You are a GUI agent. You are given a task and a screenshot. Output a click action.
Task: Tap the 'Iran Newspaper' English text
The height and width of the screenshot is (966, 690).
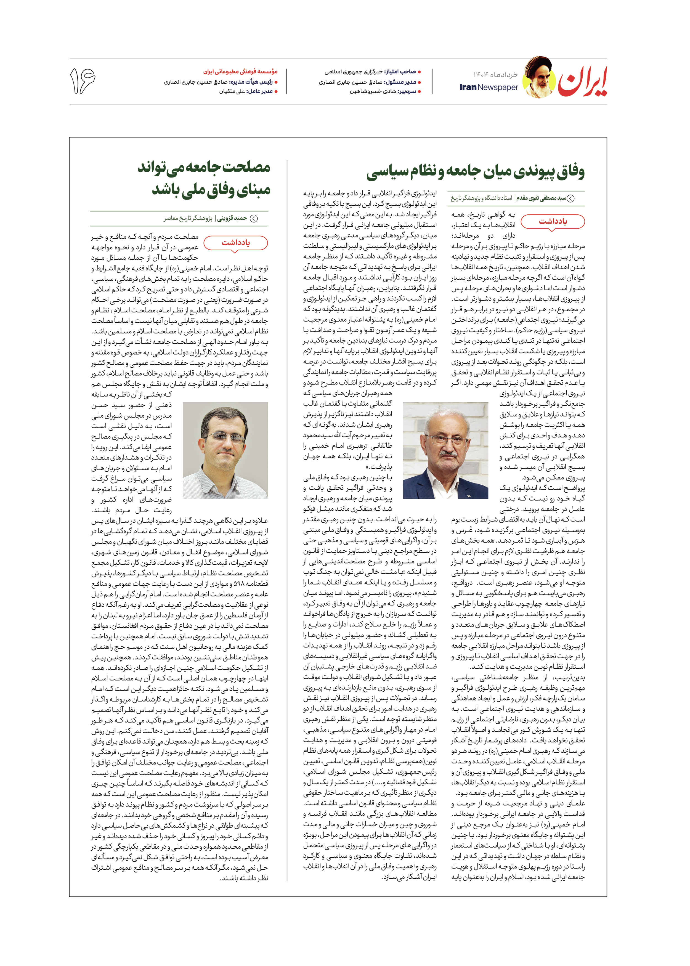pos(489,87)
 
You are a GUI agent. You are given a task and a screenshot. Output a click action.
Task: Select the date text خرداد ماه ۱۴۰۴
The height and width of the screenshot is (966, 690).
pos(496,75)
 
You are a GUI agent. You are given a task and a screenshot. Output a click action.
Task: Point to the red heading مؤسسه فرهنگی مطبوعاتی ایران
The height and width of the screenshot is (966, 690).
pos(240,71)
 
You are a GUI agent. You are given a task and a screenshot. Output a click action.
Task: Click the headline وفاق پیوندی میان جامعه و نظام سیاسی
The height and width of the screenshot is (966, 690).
pos(476,172)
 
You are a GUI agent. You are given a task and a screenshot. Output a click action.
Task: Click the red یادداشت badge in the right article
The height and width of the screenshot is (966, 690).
pos(553,221)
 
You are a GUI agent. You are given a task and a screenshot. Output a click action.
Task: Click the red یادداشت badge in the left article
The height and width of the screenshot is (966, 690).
pos(236,243)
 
